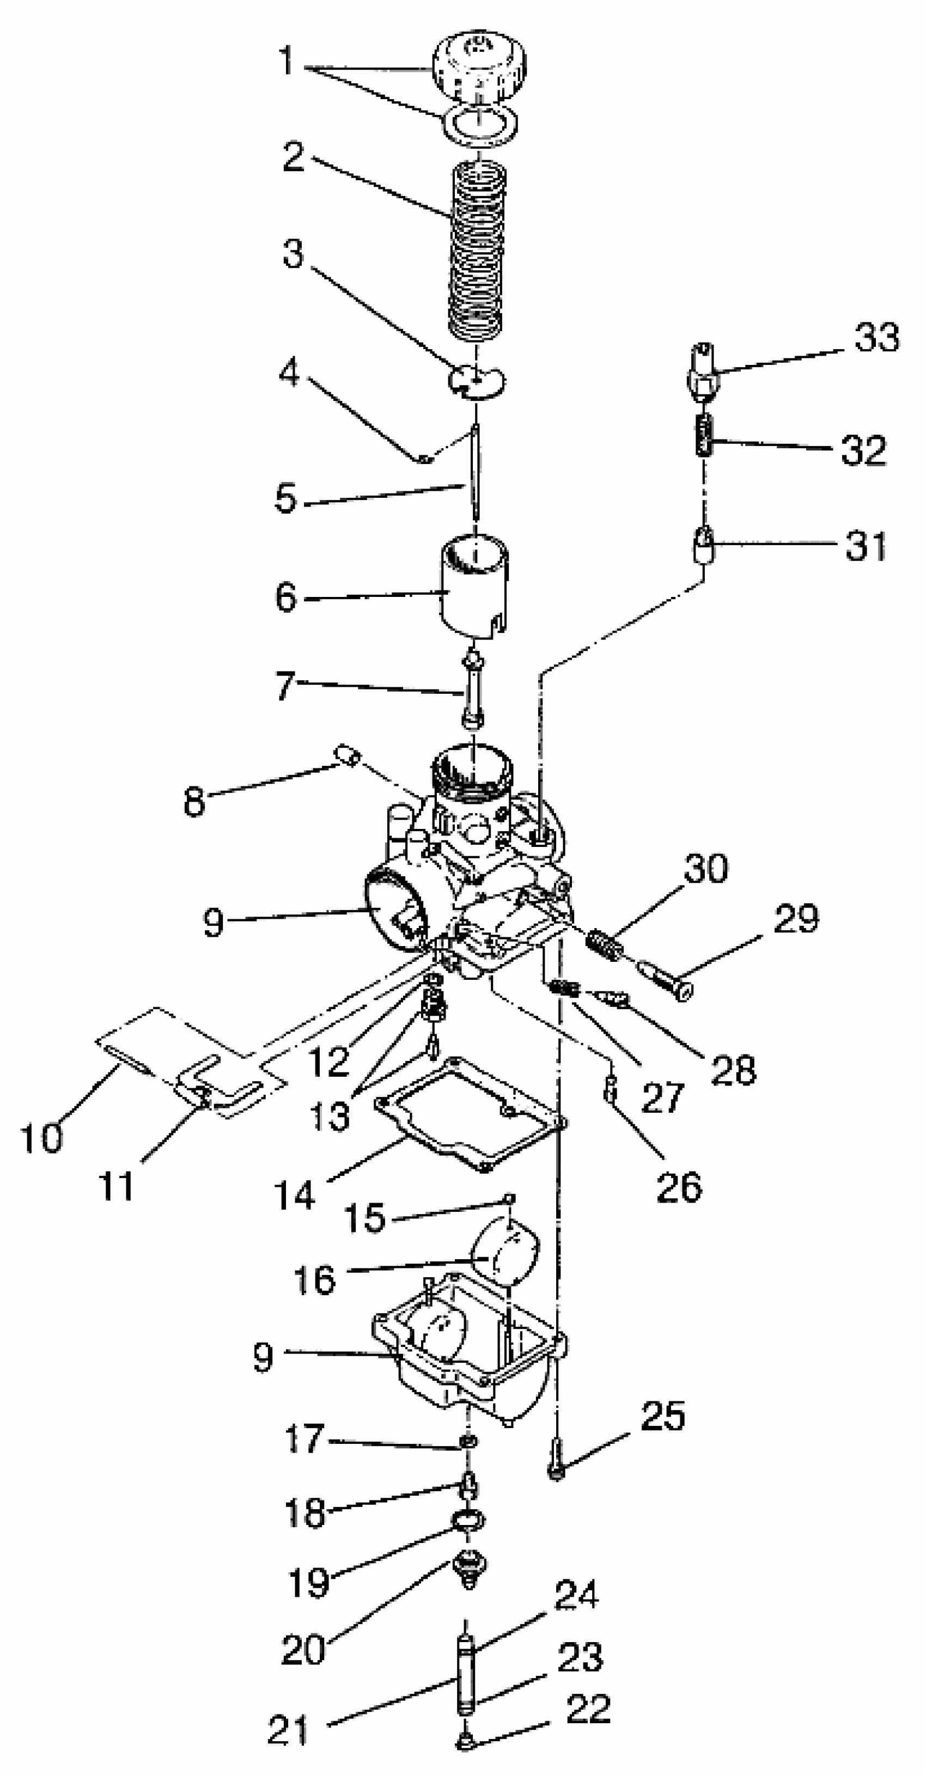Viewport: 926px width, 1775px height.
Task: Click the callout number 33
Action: tap(876, 338)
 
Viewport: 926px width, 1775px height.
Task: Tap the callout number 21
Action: tap(289, 1730)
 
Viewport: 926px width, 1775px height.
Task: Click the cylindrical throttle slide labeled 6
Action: tap(474, 585)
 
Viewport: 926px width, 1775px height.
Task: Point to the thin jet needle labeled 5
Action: tap(476, 475)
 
